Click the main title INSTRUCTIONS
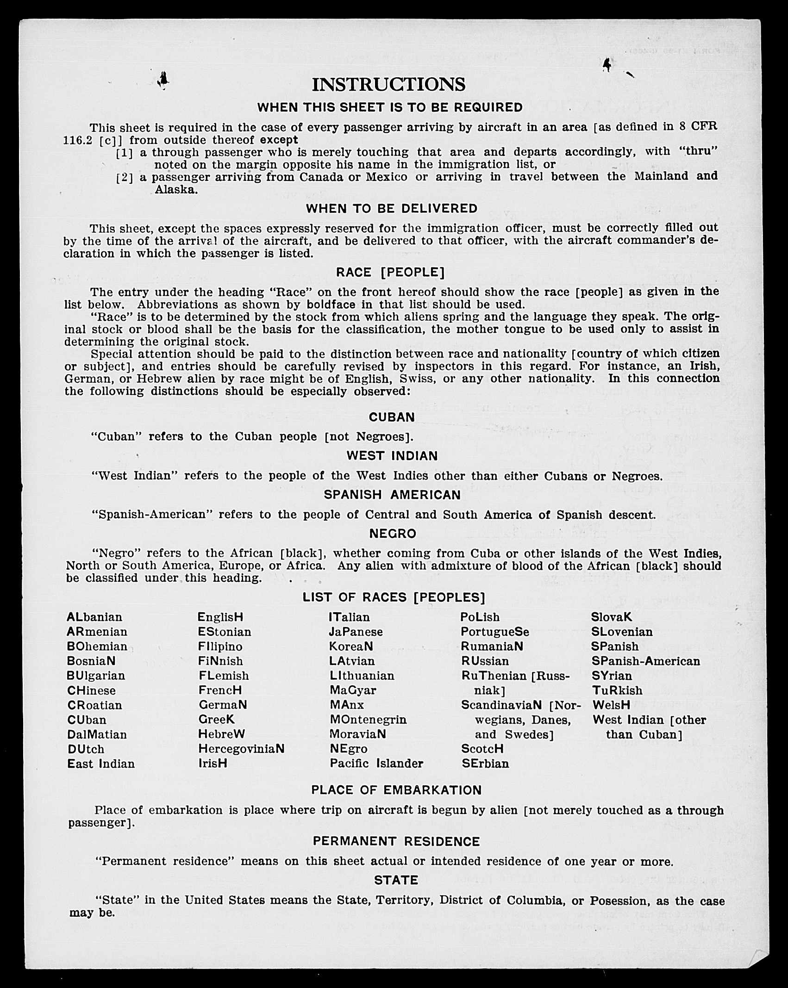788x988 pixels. (x=388, y=84)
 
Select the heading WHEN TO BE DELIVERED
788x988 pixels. (x=392, y=209)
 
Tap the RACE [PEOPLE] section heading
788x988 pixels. (x=390, y=273)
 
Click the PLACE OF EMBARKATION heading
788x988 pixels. (x=396, y=790)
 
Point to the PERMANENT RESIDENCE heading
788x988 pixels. (x=396, y=841)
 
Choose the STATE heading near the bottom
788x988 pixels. (x=396, y=880)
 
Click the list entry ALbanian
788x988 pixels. (x=94, y=617)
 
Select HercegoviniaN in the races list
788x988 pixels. (x=241, y=749)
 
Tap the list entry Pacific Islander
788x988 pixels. (x=376, y=764)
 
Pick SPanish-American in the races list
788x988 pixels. (x=646, y=661)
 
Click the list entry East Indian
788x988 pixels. (x=101, y=764)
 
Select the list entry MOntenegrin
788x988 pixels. (x=368, y=720)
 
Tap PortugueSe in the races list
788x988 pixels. (x=494, y=632)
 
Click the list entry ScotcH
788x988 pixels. (x=482, y=749)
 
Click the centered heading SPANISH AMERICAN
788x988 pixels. (x=392, y=495)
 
